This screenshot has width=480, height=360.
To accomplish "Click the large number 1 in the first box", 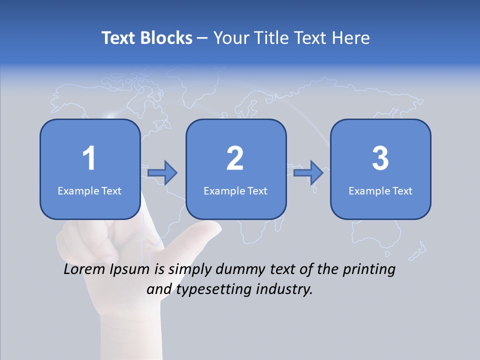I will click(x=89, y=158).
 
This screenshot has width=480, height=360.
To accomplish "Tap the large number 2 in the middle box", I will click(x=235, y=158).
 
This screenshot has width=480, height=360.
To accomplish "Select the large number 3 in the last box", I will click(x=380, y=158).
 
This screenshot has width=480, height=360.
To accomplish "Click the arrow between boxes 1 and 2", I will click(x=162, y=173).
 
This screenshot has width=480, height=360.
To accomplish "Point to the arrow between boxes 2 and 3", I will click(x=308, y=173).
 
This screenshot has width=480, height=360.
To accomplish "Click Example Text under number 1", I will click(x=89, y=190).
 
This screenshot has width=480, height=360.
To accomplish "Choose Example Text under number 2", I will click(x=235, y=190).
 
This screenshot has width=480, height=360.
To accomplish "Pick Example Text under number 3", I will click(x=380, y=190).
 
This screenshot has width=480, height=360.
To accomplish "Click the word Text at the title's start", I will click(x=119, y=38).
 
